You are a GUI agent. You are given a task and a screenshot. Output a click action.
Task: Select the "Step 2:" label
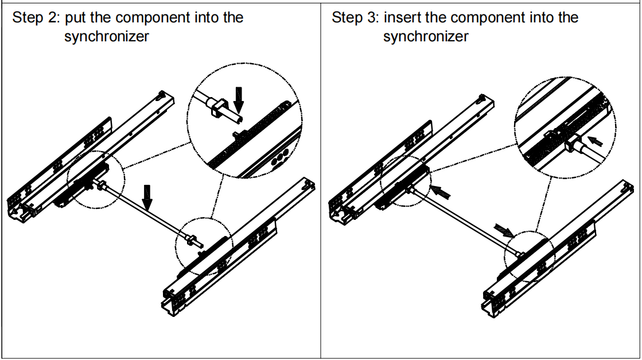point(36,18)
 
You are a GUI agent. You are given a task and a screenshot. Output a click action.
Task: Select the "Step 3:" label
point(355,18)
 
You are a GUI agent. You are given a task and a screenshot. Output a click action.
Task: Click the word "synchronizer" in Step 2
point(107,37)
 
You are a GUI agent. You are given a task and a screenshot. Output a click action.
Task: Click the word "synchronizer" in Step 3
point(426,37)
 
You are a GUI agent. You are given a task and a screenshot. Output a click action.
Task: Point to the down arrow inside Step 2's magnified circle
point(239,98)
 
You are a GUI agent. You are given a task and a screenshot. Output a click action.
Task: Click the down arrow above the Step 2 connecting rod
point(147,198)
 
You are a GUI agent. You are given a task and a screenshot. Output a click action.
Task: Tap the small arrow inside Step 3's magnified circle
point(596,140)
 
